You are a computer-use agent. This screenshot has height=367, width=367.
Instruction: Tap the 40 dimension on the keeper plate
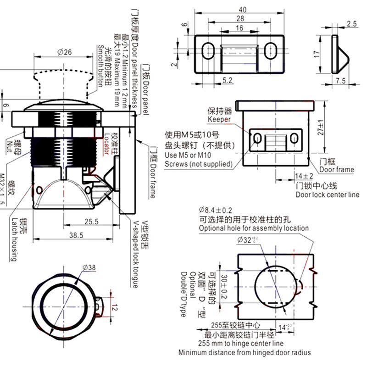click(242, 10)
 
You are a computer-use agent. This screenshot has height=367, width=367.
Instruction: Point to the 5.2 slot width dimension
click(214, 80)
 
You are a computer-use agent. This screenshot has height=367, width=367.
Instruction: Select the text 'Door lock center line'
click(327, 195)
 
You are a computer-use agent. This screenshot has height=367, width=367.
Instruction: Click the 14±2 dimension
click(304, 176)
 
